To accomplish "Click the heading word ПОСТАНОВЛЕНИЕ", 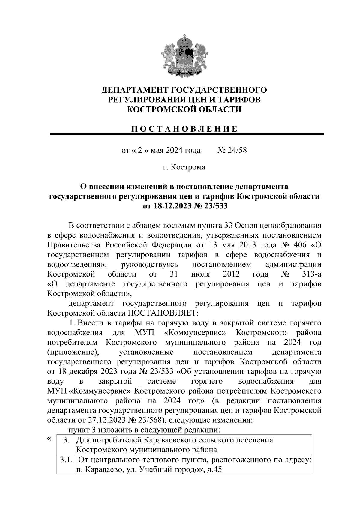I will pyautogui.click(x=184, y=129).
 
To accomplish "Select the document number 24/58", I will pyautogui.click(x=237, y=150).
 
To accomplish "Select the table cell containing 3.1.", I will pyautogui.click(x=65, y=460).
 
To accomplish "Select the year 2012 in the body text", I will pyautogui.click(x=231, y=274).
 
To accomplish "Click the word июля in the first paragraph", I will pyautogui.click(x=200, y=274).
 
